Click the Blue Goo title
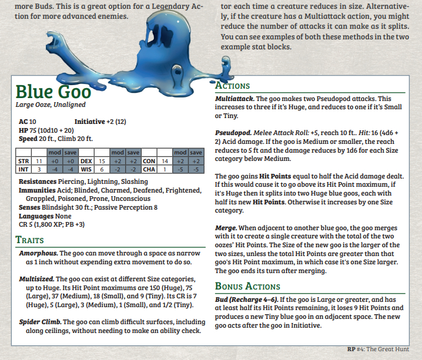[x=53, y=92]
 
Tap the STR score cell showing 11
[x=39, y=160]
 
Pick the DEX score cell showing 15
[x=102, y=160]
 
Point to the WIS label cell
[x=85, y=169]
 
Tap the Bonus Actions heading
[x=247, y=287]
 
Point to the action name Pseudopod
[x=233, y=133]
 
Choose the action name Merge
[x=226, y=227]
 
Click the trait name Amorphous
[x=38, y=253]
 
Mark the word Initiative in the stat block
[x=90, y=122]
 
